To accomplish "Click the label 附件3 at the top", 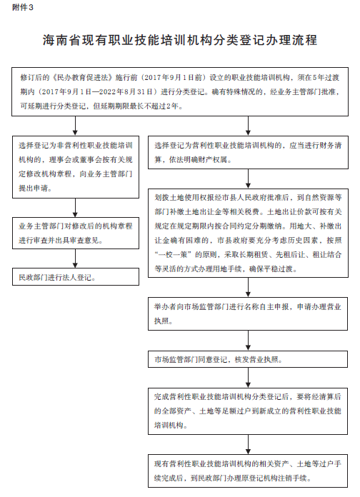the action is pyautogui.click(x=23, y=8).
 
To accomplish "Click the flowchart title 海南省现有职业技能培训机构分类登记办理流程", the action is pyautogui.click(x=180, y=40).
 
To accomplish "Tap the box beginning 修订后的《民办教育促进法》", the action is pyautogui.click(x=180, y=91).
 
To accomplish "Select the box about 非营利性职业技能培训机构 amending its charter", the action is pyautogui.click(x=76, y=167).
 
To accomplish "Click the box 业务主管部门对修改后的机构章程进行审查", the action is pyautogui.click(x=76, y=233).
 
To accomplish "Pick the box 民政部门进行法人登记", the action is pyautogui.click(x=76, y=277).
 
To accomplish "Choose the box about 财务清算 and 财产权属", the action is pyautogui.click(x=248, y=153).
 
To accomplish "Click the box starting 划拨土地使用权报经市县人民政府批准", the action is pyautogui.click(x=248, y=234).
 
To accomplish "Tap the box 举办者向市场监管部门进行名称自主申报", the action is pyautogui.click(x=248, y=313).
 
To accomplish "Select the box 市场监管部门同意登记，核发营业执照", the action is pyautogui.click(x=248, y=359).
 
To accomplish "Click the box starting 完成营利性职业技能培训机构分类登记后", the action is pyautogui.click(x=248, y=411).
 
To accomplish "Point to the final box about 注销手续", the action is pyautogui.click(x=248, y=471).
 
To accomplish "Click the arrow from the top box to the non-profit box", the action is pyautogui.click(x=75, y=126).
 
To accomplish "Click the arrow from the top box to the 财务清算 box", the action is pyautogui.click(x=248, y=126).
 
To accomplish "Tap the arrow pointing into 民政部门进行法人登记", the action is pyautogui.click(x=75, y=258).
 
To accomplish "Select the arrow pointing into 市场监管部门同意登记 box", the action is pyautogui.click(x=248, y=341).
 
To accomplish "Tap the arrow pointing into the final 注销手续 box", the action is pyautogui.click(x=248, y=444).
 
